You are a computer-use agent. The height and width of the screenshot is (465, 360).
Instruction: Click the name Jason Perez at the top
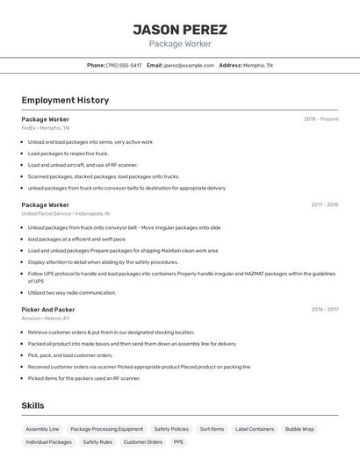tap(180, 29)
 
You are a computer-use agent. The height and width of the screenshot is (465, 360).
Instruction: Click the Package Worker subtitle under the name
tap(180, 44)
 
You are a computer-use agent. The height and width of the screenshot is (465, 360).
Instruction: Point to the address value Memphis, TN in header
tap(258, 65)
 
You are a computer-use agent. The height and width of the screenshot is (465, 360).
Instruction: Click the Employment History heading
tap(65, 100)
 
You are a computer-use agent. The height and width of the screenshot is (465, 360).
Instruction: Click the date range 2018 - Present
tap(320, 118)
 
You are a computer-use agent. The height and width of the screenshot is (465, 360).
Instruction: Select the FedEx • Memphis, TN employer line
tap(46, 128)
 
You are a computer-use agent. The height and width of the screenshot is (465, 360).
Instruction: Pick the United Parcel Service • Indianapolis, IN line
tap(66, 213)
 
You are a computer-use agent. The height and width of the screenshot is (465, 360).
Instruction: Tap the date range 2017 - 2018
tap(324, 204)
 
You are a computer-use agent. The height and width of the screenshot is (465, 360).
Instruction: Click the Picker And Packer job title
tap(48, 310)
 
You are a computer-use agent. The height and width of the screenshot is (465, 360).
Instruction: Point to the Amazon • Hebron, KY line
tap(46, 318)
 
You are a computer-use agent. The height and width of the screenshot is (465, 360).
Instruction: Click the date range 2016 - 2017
tap(324, 310)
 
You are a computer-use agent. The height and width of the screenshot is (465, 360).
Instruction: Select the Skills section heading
tap(32, 405)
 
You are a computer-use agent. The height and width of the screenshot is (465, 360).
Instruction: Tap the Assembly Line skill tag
tap(42, 429)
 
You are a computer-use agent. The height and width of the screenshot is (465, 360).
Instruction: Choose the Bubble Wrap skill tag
tap(299, 429)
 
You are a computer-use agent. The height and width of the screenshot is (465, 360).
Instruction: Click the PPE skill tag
tap(178, 442)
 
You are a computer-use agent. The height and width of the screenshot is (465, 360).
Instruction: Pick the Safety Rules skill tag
tap(97, 442)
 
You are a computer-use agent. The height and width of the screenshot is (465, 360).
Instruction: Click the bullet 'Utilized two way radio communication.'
tap(72, 293)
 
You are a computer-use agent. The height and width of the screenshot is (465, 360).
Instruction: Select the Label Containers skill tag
tap(255, 429)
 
